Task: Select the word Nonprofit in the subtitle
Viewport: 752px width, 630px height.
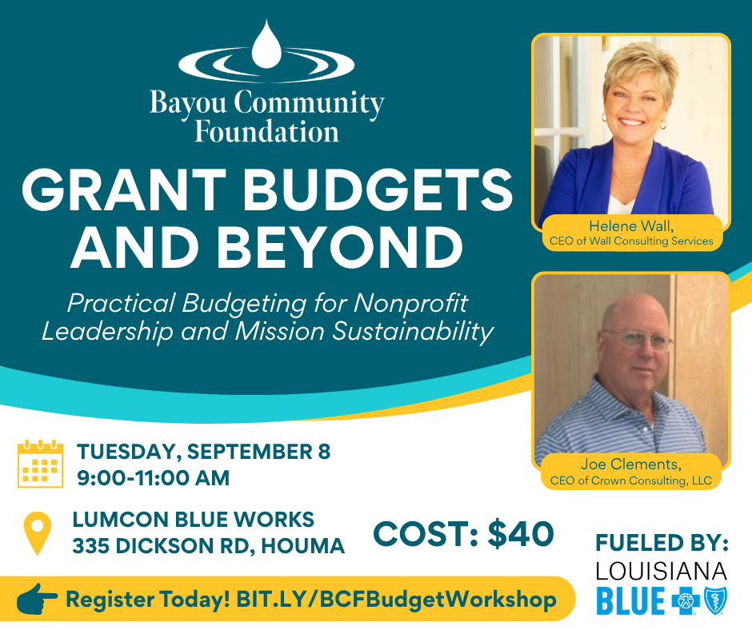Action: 411,303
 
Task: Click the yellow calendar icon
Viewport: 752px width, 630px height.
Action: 40,464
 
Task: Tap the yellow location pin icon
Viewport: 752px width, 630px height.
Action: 38,533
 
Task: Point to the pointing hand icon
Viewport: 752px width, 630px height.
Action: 37,599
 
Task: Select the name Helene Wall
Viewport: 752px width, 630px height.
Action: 631,225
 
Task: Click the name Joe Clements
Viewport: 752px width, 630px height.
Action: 631,465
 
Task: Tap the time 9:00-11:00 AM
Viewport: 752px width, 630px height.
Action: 154,478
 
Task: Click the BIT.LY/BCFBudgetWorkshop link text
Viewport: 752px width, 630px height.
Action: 396,600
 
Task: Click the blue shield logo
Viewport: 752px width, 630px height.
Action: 715,600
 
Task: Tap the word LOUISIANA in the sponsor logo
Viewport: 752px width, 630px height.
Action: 662,571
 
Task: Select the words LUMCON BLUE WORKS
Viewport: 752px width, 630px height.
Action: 194,520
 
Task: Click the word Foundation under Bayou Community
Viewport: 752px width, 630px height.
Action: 266,132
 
